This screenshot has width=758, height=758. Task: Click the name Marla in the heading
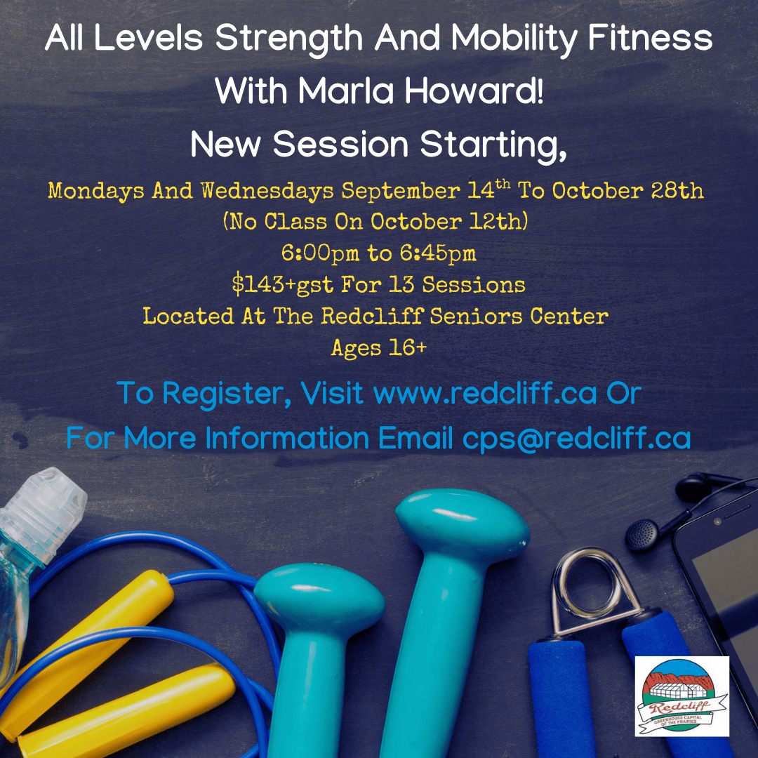[345, 91]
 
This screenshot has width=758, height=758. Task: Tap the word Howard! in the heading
[474, 91]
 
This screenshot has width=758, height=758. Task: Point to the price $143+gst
[283, 284]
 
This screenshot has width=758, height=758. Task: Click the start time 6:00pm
[320, 253]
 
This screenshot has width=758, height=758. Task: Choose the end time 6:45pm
[438, 253]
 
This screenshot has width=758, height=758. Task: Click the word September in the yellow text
[401, 190]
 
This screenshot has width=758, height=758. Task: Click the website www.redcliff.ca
[486, 392]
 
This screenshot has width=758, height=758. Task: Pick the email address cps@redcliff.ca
[576, 438]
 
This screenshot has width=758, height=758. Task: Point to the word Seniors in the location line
[476, 316]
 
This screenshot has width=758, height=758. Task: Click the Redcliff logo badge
[681, 696]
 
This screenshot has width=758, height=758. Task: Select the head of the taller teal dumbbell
[462, 524]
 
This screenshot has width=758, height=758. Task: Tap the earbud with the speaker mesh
[642, 535]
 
